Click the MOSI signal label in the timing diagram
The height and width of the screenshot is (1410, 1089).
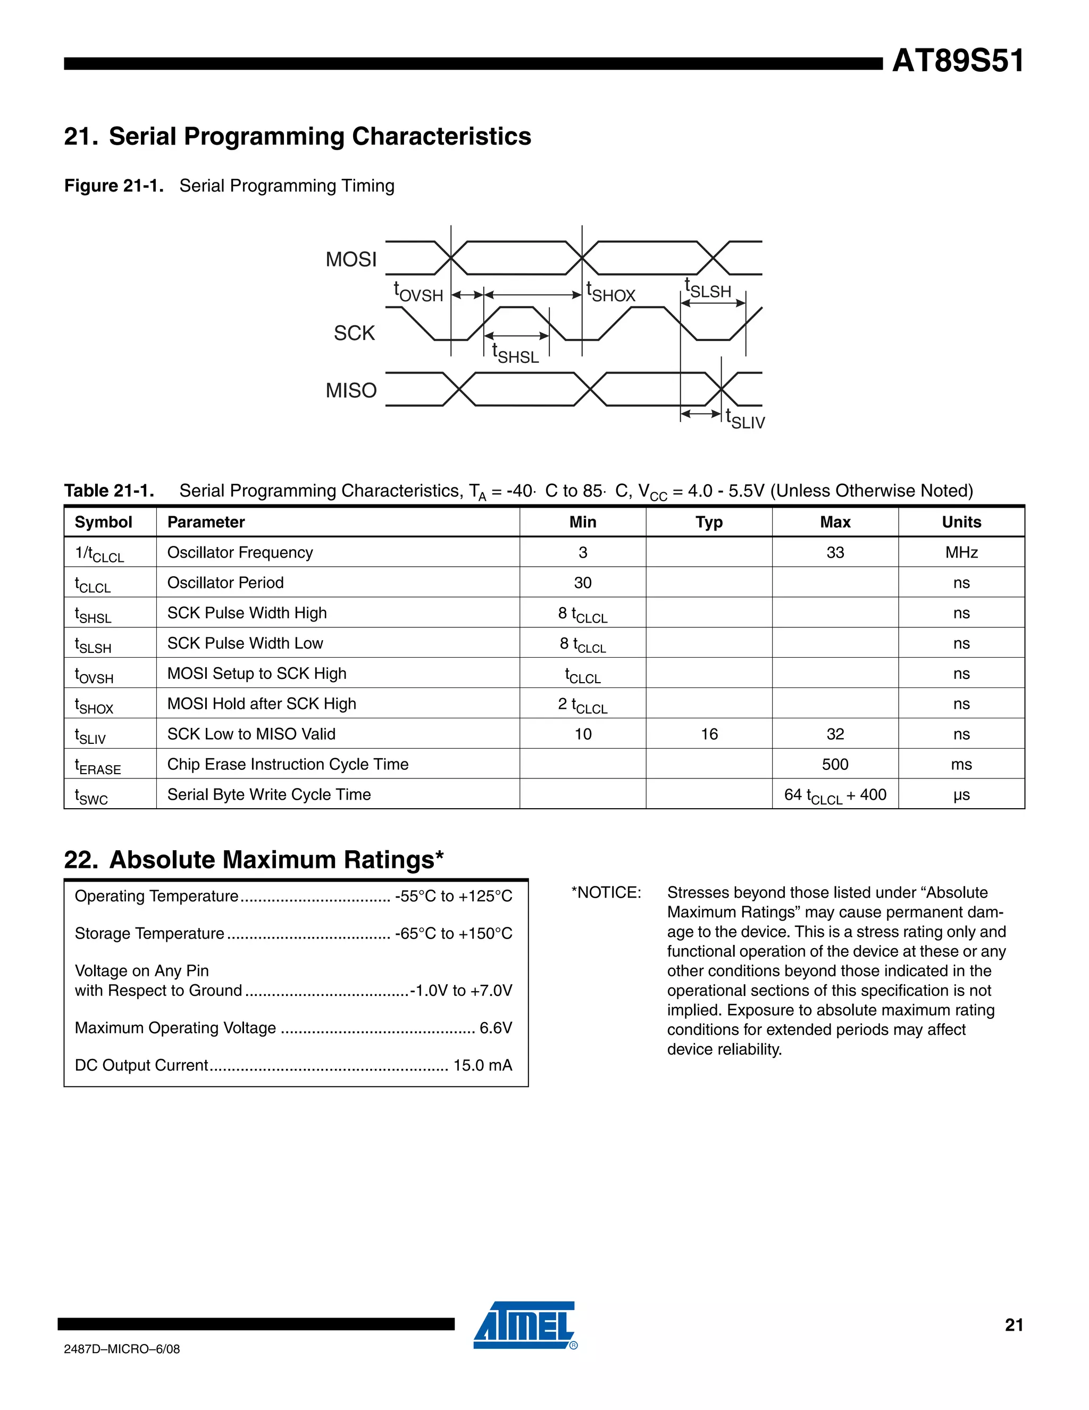pos(351,260)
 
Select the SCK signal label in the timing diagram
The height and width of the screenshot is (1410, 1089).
pos(354,333)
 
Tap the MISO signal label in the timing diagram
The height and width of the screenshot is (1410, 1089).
pos(351,391)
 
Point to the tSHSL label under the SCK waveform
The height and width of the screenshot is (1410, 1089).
pos(515,354)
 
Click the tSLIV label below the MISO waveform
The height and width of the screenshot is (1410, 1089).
pos(744,420)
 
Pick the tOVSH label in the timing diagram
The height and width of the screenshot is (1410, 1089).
pos(418,293)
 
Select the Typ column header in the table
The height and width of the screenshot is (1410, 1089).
pos(708,522)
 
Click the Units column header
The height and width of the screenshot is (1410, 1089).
pos(961,522)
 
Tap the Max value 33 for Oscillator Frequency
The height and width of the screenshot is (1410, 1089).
pos(835,553)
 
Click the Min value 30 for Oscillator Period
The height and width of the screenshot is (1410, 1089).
pos(583,583)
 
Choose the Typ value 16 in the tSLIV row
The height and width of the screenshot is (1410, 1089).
pos(709,734)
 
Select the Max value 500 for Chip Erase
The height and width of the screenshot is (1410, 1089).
pos(835,765)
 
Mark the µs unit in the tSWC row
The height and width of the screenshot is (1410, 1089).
pos(961,795)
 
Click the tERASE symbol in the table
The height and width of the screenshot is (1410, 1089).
pos(97,766)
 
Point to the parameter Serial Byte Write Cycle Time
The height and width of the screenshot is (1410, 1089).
pos(269,795)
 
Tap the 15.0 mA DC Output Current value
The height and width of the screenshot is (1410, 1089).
pos(483,1065)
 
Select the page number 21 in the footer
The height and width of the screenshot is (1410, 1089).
pos(1013,1325)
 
